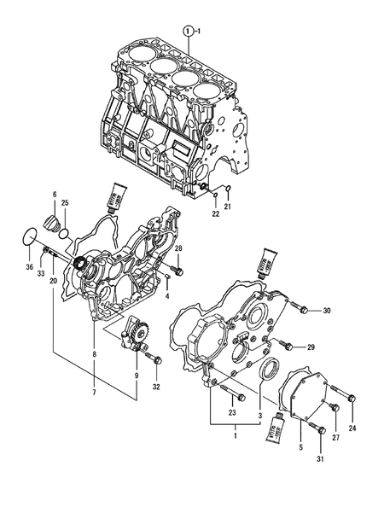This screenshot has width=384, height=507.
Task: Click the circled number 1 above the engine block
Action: click(x=187, y=31)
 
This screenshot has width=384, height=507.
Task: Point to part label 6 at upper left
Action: click(x=55, y=195)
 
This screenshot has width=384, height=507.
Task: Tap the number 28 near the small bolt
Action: click(x=178, y=248)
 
